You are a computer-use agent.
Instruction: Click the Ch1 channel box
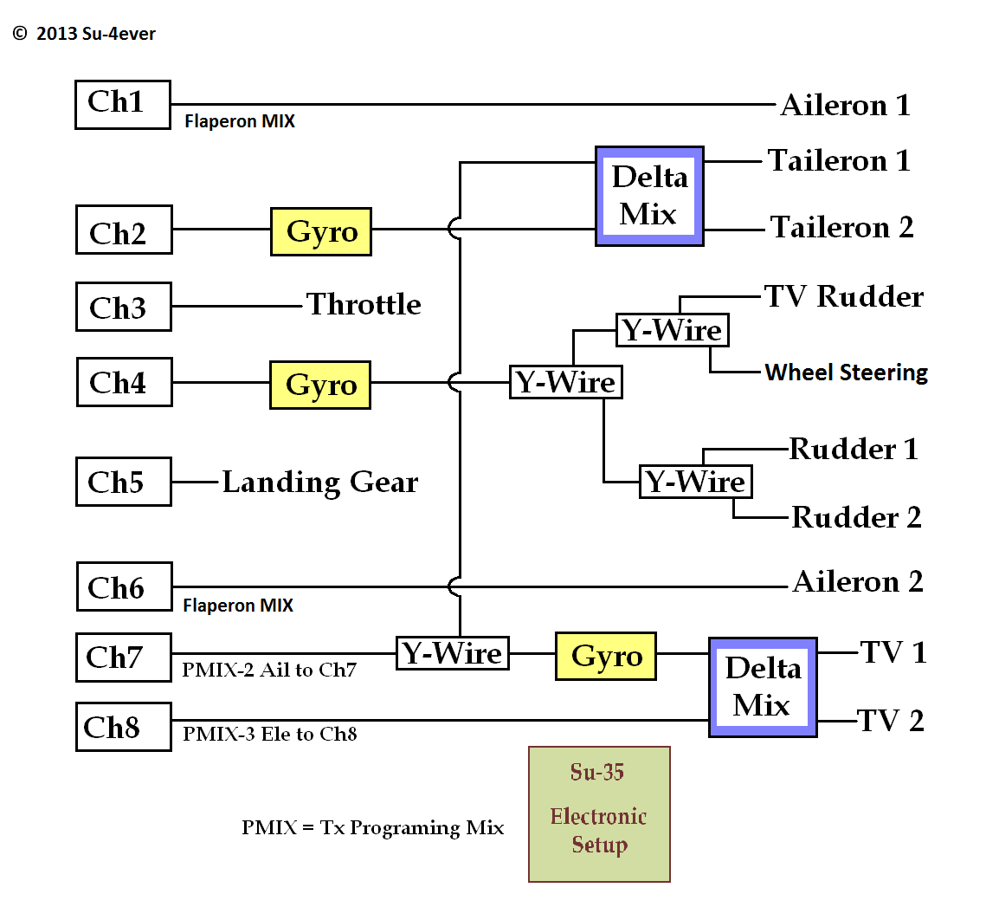pyautogui.click(x=122, y=104)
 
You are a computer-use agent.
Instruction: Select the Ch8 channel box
pyautogui.click(x=123, y=727)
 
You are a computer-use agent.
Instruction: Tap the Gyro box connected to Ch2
pyautogui.click(x=321, y=231)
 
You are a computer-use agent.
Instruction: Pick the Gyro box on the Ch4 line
pyautogui.click(x=320, y=385)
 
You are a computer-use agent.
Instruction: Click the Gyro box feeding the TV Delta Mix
pyautogui.click(x=606, y=656)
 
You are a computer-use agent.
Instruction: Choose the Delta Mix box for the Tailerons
pyautogui.click(x=649, y=196)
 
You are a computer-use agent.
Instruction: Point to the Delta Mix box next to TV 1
pyautogui.click(x=762, y=687)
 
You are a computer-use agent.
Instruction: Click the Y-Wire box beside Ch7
pyautogui.click(x=453, y=653)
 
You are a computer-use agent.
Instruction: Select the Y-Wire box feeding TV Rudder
pyautogui.click(x=672, y=330)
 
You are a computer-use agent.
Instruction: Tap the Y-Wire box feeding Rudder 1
pyautogui.click(x=695, y=482)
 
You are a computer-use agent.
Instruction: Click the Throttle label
pyautogui.click(x=364, y=305)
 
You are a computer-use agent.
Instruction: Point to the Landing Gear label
pyautogui.click(x=319, y=482)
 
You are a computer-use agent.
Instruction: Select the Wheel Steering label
pyautogui.click(x=846, y=373)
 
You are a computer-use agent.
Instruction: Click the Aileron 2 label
pyautogui.click(x=857, y=581)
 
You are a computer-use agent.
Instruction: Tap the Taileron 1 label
pyautogui.click(x=839, y=161)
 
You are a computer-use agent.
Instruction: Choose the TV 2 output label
pyautogui.click(x=890, y=721)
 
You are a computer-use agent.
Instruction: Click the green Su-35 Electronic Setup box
pyautogui.click(x=599, y=814)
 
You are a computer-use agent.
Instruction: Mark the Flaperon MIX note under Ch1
pyautogui.click(x=240, y=122)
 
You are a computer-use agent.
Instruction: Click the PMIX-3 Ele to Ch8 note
pyautogui.click(x=270, y=735)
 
